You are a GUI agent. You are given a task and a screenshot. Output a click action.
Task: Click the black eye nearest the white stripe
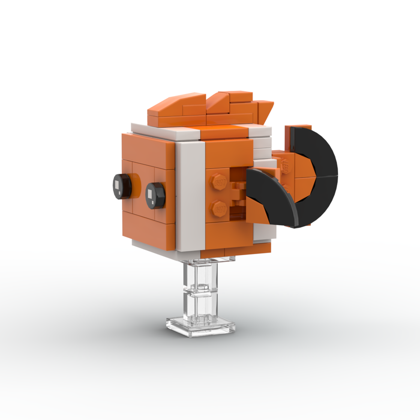point(155,195)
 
